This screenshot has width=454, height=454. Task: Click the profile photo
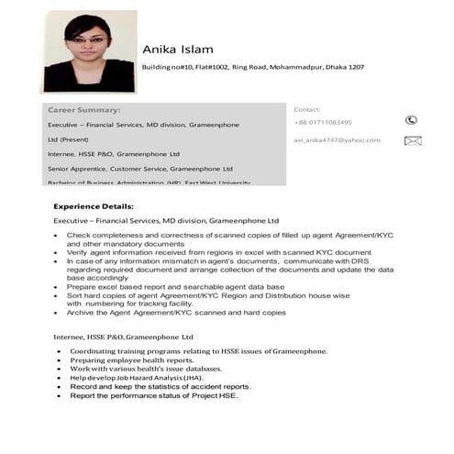click(x=90, y=51)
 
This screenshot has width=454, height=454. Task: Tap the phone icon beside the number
click(x=411, y=120)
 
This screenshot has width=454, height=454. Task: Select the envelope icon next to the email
click(x=412, y=140)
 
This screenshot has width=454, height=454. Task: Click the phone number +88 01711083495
click(x=323, y=122)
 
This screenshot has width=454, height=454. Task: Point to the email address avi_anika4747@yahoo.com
click(x=337, y=140)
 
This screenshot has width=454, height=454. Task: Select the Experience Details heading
click(x=94, y=206)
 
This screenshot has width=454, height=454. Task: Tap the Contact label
click(x=306, y=109)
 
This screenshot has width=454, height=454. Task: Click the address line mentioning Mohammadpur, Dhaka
click(x=252, y=68)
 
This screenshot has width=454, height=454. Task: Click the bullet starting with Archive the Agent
click(x=176, y=313)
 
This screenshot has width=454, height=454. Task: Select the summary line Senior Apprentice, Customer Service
click(x=139, y=169)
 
